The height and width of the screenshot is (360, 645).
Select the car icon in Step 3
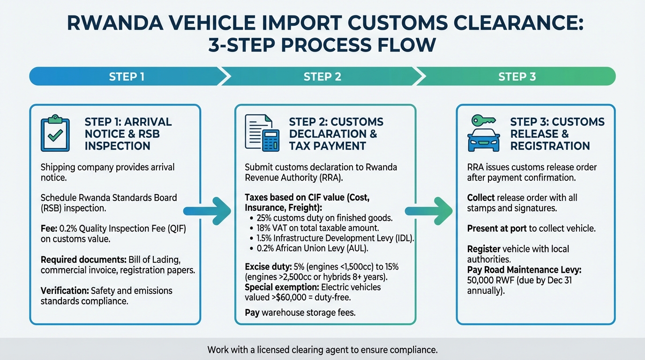pos(483,139)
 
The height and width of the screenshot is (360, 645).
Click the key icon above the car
pos(483,120)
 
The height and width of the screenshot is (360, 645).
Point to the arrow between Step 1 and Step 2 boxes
pos(207,210)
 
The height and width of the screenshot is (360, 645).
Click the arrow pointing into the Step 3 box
pos(428,210)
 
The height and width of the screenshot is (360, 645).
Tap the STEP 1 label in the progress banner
pos(127,76)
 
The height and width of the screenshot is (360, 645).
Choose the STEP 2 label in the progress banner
pos(322,76)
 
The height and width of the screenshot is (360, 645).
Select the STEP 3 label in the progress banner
pos(517,76)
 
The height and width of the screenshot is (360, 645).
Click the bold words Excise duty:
pos(268,267)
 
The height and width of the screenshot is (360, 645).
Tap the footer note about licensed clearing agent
pos(322,350)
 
